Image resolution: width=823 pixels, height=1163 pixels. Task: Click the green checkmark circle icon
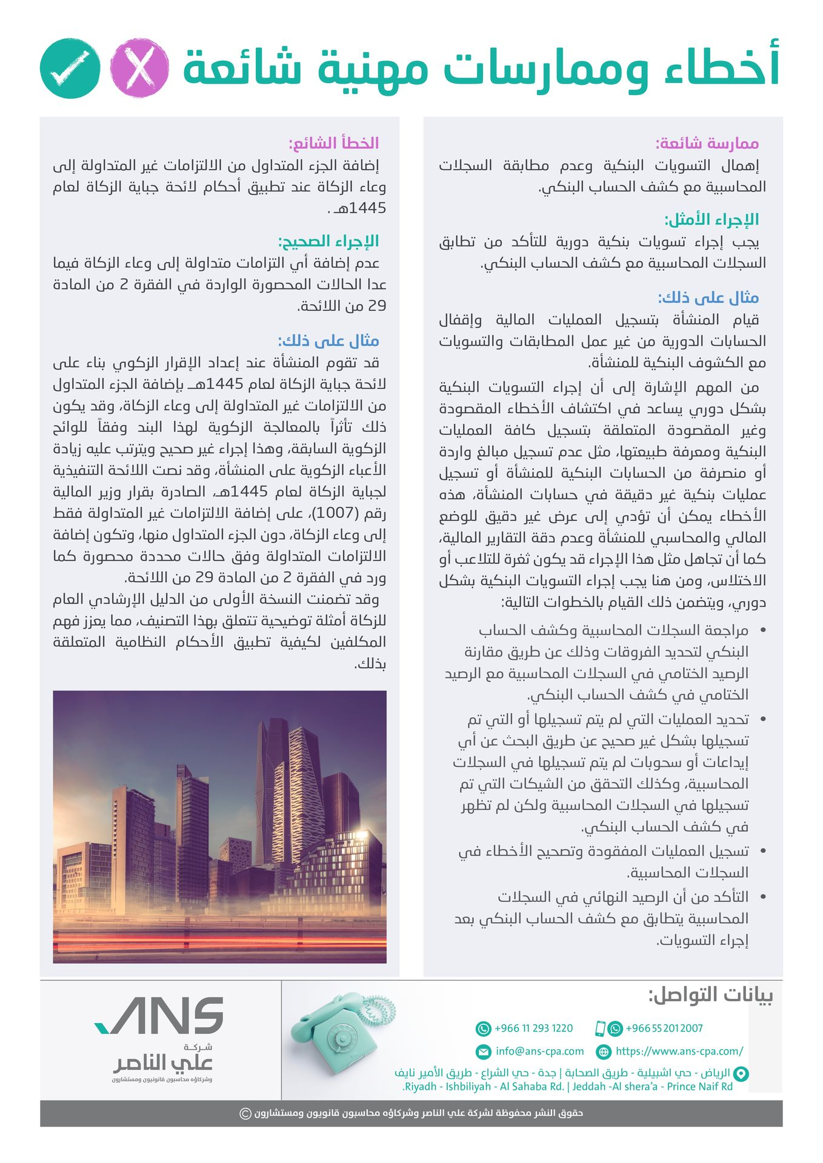[x=70, y=68]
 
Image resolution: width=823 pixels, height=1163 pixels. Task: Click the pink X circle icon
[x=140, y=68]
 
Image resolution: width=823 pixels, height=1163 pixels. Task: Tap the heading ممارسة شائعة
[x=707, y=144]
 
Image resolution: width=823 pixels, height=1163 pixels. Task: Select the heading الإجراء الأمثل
[x=711, y=219]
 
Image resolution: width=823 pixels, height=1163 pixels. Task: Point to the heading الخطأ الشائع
[x=334, y=143]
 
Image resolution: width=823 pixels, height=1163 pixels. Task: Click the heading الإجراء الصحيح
[x=328, y=241]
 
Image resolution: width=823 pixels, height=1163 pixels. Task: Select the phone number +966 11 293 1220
[x=533, y=1028]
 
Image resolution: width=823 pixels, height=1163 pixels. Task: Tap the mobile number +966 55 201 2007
[x=664, y=1028]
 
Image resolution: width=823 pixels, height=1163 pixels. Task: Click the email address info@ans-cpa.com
[x=539, y=1051]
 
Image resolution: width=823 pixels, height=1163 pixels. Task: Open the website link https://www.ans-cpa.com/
[x=679, y=1051]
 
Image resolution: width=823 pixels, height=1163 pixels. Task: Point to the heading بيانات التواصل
[x=710, y=995]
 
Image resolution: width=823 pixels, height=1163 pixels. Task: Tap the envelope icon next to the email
[x=484, y=1052]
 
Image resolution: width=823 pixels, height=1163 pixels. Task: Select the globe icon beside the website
[x=604, y=1052]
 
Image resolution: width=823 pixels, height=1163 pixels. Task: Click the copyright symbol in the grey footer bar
[x=245, y=1113]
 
